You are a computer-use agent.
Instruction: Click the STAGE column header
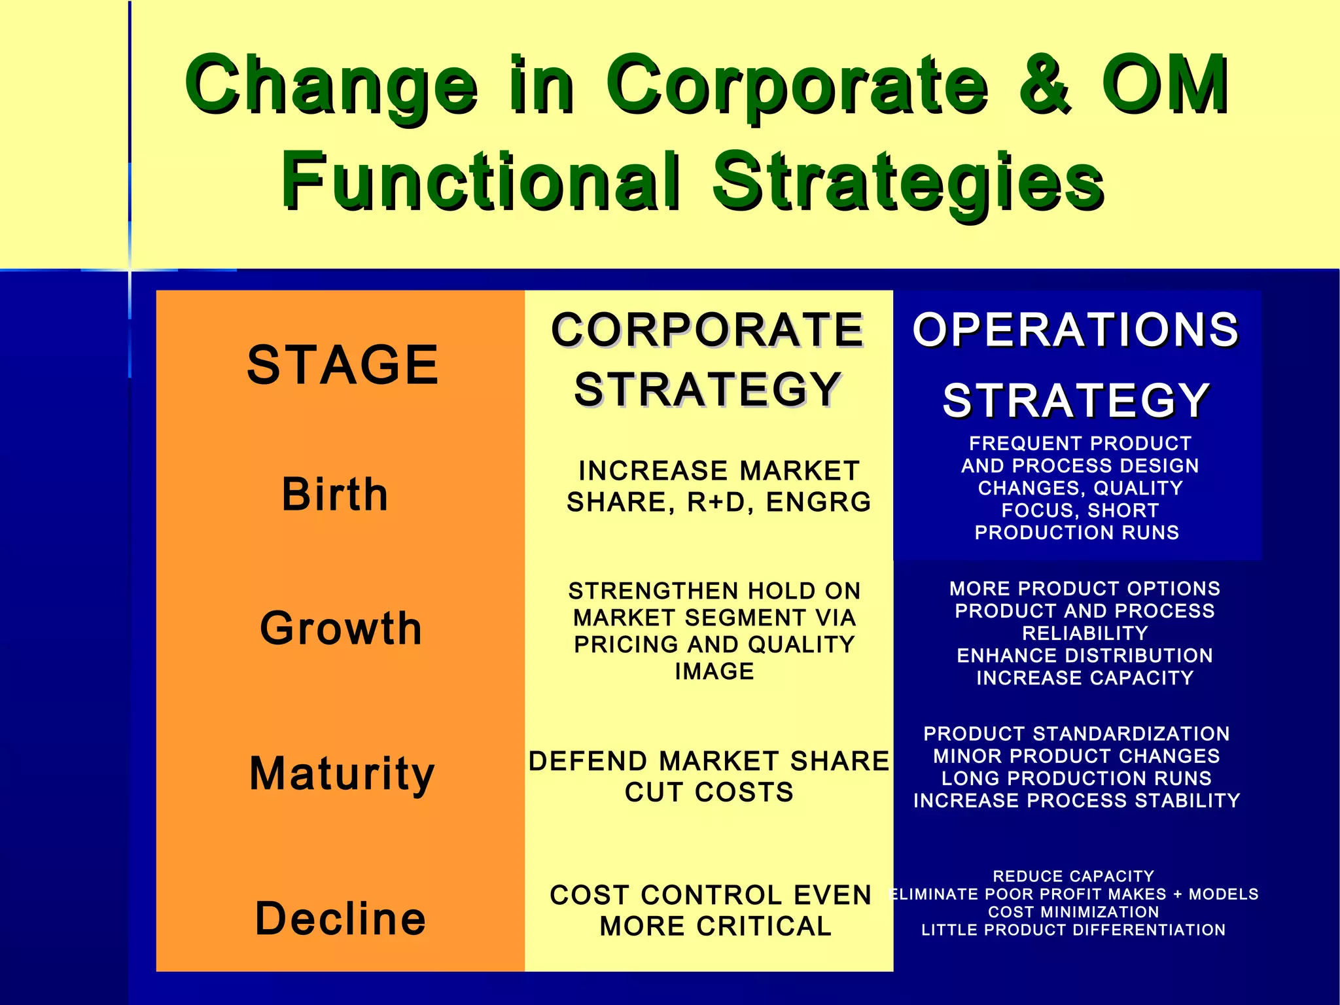tap(342, 365)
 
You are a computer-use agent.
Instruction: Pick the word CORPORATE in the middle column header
tap(707, 330)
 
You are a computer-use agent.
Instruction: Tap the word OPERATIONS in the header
tap(1076, 330)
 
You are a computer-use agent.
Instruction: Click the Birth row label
tap(335, 494)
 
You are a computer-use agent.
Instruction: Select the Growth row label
tap(341, 628)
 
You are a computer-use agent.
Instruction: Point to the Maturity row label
tap(342, 774)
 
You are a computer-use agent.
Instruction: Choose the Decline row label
tap(341, 919)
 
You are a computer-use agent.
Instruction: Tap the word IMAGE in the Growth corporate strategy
tap(714, 671)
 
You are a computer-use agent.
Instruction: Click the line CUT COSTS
tap(709, 792)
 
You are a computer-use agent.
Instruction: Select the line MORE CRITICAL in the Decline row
tap(715, 926)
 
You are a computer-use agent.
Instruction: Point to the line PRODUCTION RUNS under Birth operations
tap(1077, 533)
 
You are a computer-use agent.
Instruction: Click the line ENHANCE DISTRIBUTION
tap(1085, 656)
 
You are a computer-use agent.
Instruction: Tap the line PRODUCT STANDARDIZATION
tap(1076, 734)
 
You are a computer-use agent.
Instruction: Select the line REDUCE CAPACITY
tap(1073, 877)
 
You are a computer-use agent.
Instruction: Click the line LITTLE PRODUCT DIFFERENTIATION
tap(1073, 930)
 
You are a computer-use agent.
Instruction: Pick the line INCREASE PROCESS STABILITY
tap(1076, 801)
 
